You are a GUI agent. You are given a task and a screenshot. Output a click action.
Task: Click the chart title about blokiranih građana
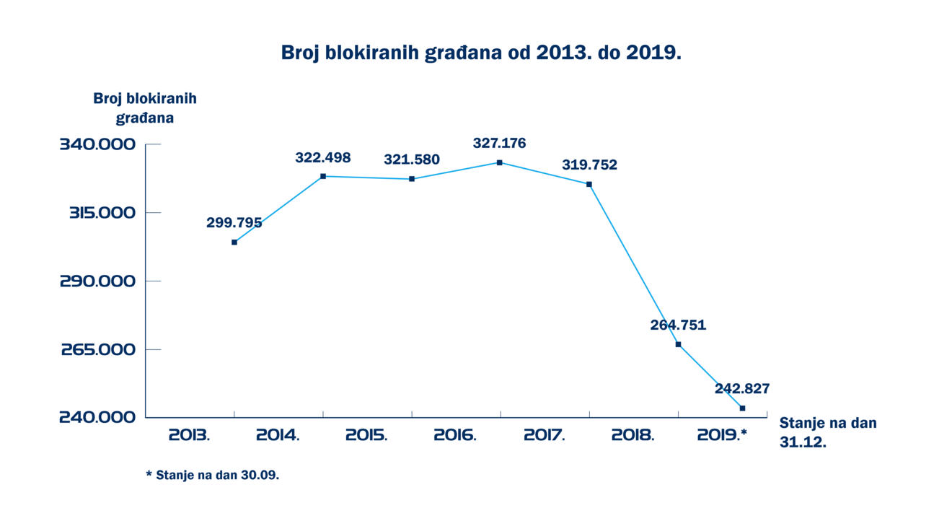(x=481, y=53)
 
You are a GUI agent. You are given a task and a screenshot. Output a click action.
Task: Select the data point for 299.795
(x=234, y=242)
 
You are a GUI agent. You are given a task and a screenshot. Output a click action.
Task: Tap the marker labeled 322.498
(x=323, y=176)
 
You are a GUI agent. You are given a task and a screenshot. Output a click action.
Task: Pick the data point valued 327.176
(x=499, y=162)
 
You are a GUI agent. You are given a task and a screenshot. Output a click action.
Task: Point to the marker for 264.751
(x=678, y=344)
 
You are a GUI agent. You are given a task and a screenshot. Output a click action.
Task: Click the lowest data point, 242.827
(x=742, y=408)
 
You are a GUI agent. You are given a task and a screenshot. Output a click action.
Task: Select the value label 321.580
(x=411, y=159)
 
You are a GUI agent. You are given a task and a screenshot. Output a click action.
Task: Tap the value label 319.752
(x=589, y=165)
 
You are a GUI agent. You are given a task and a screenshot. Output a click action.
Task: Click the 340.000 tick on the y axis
(x=97, y=145)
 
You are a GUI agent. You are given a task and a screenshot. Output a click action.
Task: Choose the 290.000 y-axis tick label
(x=97, y=281)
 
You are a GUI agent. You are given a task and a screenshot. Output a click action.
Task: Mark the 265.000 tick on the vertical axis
(x=98, y=349)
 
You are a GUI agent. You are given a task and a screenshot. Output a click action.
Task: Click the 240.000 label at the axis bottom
(x=97, y=418)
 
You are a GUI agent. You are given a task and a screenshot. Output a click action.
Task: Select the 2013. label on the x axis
(x=189, y=435)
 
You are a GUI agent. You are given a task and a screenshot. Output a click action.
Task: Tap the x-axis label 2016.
(x=455, y=435)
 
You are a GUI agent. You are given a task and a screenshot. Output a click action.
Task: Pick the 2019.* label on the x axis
(x=723, y=435)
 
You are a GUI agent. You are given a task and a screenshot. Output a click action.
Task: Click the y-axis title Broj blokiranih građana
(x=145, y=108)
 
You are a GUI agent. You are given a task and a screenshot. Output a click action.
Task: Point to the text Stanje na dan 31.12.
(x=828, y=433)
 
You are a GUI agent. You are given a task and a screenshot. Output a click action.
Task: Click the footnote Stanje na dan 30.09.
(x=212, y=476)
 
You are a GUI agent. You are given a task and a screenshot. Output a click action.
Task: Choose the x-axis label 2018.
(x=633, y=435)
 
